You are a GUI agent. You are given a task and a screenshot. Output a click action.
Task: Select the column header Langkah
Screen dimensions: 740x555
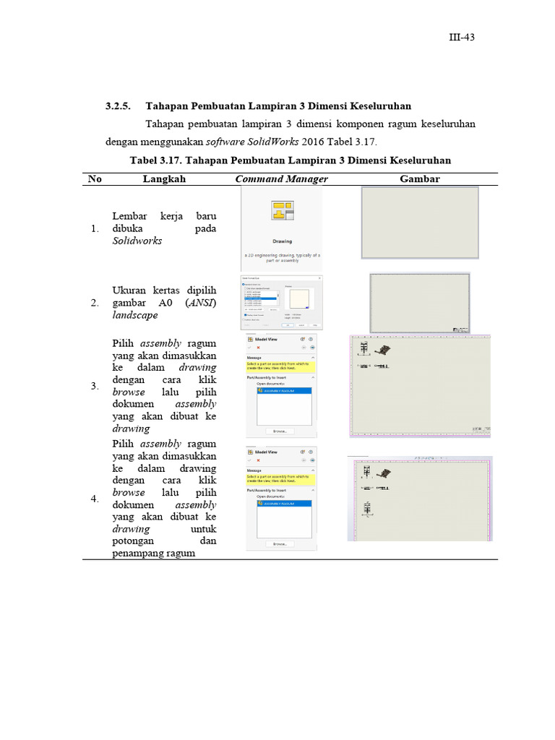click(164, 178)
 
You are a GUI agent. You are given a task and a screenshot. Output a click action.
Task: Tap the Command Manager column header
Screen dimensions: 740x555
click(281, 178)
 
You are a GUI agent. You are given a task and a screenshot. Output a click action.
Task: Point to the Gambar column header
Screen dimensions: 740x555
click(419, 178)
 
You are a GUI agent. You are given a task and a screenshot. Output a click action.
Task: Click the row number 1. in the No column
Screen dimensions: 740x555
click(94, 230)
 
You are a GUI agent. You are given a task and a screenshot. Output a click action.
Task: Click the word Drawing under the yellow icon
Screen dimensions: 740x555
click(282, 241)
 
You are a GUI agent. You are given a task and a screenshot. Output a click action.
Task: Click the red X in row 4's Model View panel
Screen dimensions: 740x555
click(258, 460)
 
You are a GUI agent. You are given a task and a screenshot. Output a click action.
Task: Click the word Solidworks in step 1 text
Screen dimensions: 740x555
click(137, 241)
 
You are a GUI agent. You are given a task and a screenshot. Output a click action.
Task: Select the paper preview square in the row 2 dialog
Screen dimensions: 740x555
click(300, 298)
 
